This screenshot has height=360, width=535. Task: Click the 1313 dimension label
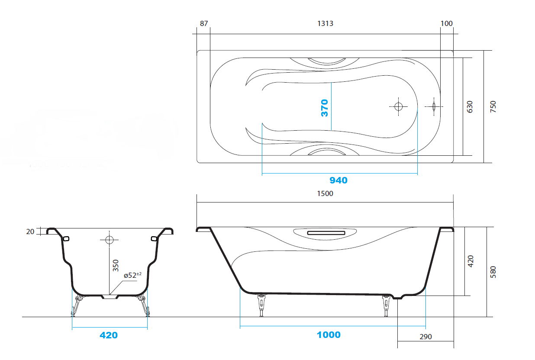click(x=325, y=23)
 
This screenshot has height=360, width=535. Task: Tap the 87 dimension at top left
click(x=204, y=23)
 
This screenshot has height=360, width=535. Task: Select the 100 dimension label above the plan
click(x=446, y=23)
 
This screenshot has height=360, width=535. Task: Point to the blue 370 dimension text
click(x=325, y=108)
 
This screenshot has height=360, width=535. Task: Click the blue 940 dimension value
click(x=338, y=180)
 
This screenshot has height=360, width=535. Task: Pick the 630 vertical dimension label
click(x=470, y=107)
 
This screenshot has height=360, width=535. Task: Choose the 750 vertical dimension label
click(x=493, y=107)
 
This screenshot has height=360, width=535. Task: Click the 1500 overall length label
click(x=325, y=193)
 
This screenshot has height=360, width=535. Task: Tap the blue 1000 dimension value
click(x=329, y=335)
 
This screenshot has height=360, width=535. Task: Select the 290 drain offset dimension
click(x=425, y=337)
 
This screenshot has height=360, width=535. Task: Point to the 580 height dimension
click(x=493, y=272)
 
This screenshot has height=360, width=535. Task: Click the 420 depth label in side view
click(x=470, y=261)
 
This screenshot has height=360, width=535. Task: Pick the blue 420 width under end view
click(x=109, y=335)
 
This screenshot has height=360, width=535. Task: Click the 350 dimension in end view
click(x=116, y=266)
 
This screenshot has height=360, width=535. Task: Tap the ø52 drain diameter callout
click(x=132, y=275)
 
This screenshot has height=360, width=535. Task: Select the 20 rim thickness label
click(x=30, y=231)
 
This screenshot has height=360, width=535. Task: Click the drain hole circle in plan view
click(x=398, y=106)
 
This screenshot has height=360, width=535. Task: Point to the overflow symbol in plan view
click(x=434, y=106)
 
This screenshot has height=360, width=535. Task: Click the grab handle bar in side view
click(x=326, y=233)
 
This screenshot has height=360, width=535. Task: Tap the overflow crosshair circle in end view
click(x=109, y=239)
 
